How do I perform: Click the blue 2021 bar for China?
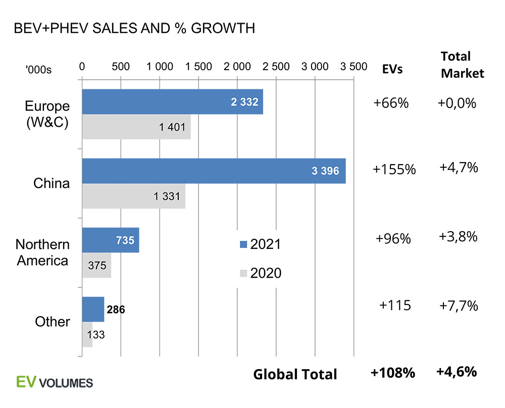[x=214, y=171]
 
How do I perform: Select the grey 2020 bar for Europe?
[x=136, y=127]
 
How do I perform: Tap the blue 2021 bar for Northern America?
[x=111, y=240]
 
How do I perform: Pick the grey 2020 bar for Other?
[x=87, y=334]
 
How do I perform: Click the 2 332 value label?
[x=244, y=102]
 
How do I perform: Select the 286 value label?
[x=116, y=309]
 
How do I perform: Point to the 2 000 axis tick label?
[x=237, y=66]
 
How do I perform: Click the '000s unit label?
[x=38, y=70]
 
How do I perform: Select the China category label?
[x=52, y=183]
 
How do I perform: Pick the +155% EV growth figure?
[x=394, y=170]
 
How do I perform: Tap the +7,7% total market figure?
[x=458, y=305]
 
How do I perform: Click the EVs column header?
[x=392, y=69]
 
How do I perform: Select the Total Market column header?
[x=462, y=65]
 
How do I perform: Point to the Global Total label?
[x=295, y=374]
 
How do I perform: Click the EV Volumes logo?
[x=55, y=382]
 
